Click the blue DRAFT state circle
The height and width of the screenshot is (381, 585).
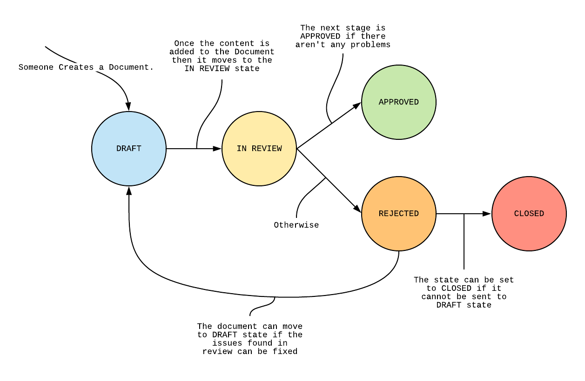tap(129, 149)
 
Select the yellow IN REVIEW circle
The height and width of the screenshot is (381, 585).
tap(259, 149)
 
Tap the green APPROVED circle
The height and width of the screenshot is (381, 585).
tap(399, 102)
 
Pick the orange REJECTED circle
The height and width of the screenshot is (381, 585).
tap(399, 214)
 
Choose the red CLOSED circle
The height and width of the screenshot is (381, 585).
tap(529, 214)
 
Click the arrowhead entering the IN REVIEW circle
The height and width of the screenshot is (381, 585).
tap(217, 149)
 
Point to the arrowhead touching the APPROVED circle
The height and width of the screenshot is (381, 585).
tap(357, 105)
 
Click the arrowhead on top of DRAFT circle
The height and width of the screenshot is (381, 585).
tap(129, 107)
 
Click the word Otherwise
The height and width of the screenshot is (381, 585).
tap(296, 225)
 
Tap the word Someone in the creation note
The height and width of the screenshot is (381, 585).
tap(36, 67)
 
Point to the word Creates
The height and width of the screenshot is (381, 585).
tap(76, 67)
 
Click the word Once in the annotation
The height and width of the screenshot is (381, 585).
tap(184, 44)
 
